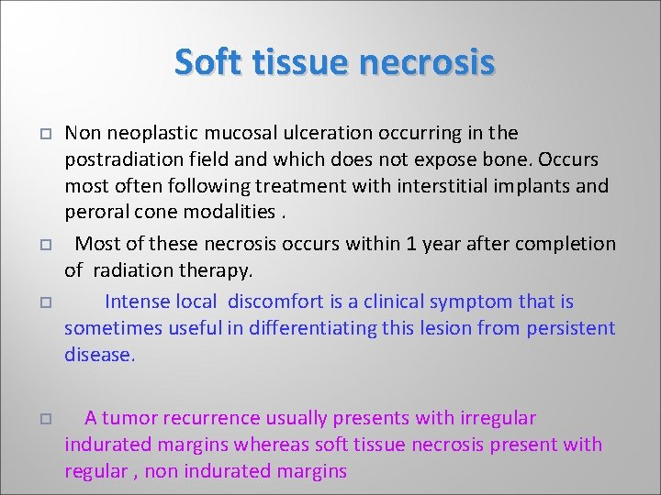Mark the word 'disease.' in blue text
coord(99,355)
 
